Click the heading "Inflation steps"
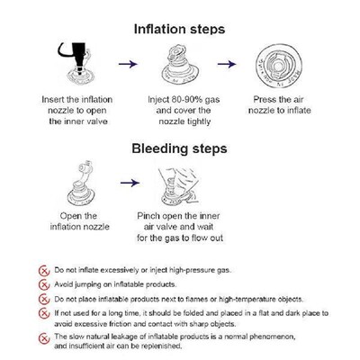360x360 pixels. coord(179,30)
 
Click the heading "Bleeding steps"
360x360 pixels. coord(179,148)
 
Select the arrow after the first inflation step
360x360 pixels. coord(128,64)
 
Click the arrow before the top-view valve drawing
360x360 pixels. coord(227,64)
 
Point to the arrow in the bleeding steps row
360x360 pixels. coord(130,183)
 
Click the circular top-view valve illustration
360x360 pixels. coord(278,67)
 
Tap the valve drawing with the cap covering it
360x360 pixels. coord(180,65)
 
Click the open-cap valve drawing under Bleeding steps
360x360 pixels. coord(81,184)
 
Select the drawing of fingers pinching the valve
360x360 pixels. coord(179,186)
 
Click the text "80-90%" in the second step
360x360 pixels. coord(184,100)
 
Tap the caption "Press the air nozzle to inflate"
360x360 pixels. coord(279,105)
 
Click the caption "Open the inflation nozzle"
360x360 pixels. coord(79,221)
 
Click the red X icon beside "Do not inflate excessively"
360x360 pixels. coord(44,271)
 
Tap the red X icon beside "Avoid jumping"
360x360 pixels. coord(44,284)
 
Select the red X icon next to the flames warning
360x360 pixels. coord(44,300)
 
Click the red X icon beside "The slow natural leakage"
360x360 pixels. coord(44,338)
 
